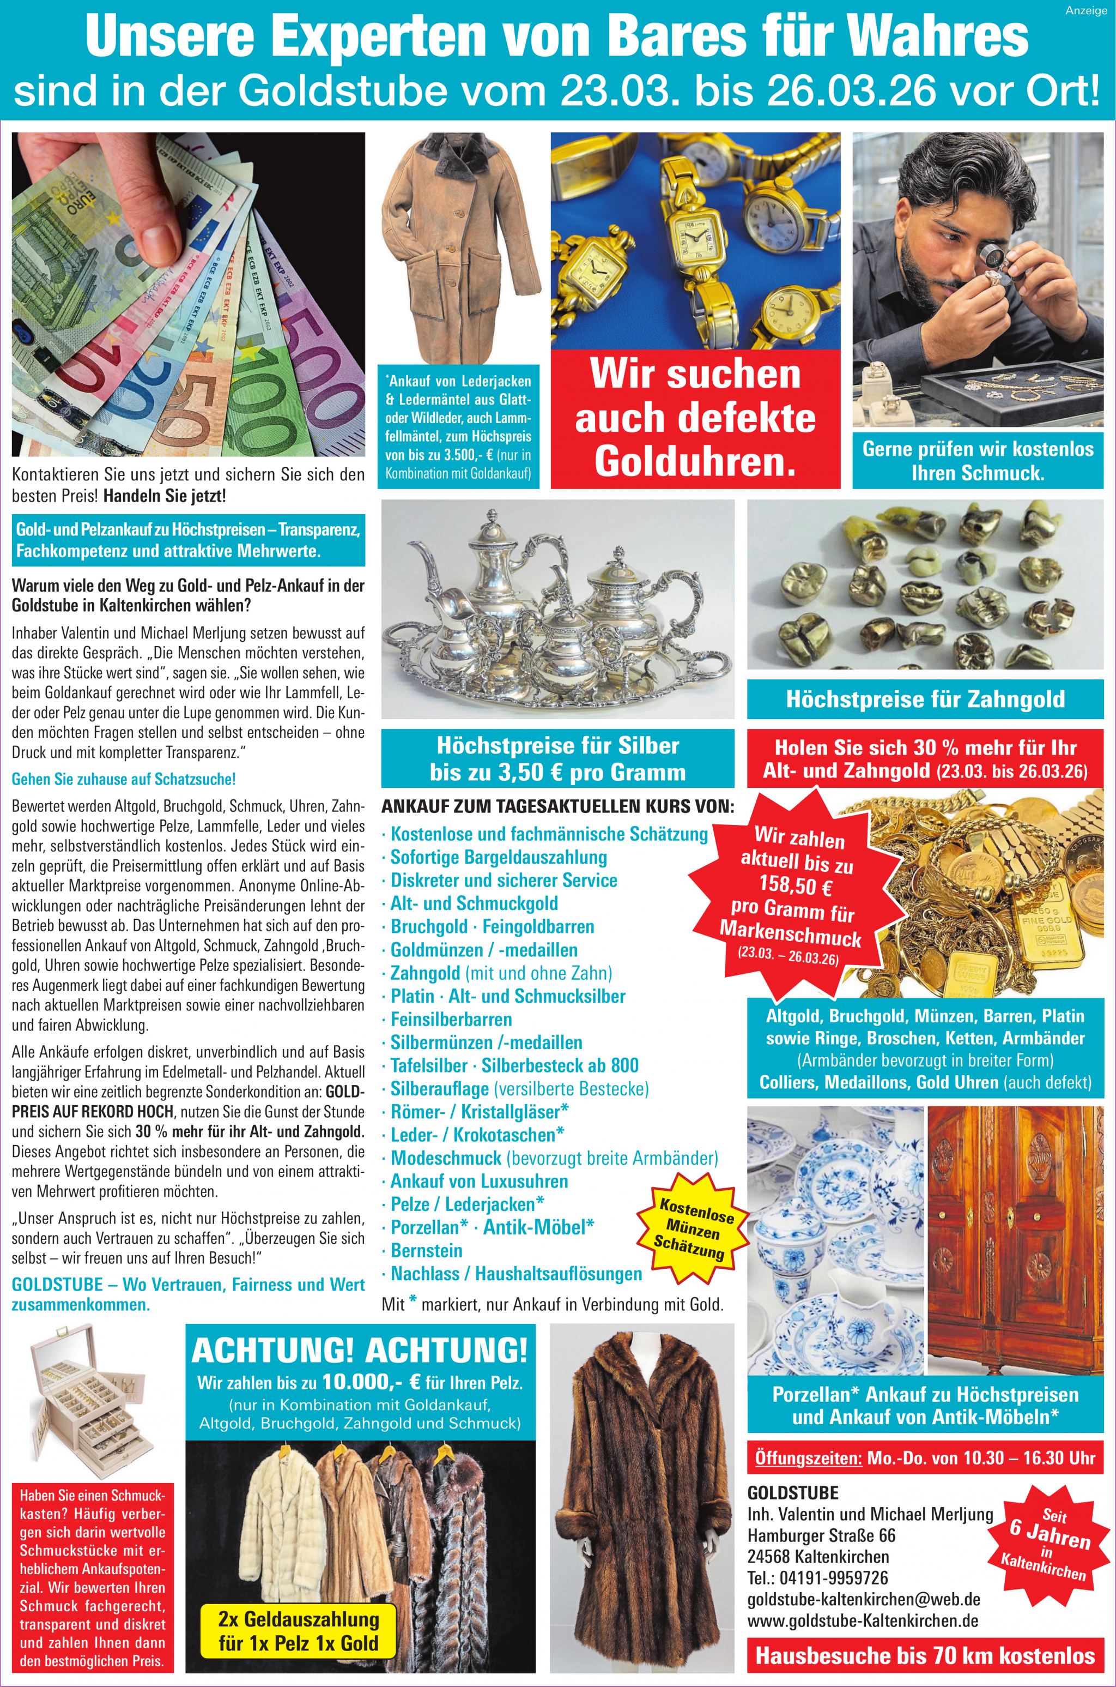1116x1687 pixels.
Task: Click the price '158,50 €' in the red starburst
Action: pyautogui.click(x=795, y=885)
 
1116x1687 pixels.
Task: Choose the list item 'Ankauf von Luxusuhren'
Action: pyautogui.click(x=479, y=1180)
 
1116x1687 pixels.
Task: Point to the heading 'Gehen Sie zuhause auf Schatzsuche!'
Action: pyautogui.click(x=123, y=779)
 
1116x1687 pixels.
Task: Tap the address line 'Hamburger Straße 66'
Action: pyautogui.click(x=821, y=1535)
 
